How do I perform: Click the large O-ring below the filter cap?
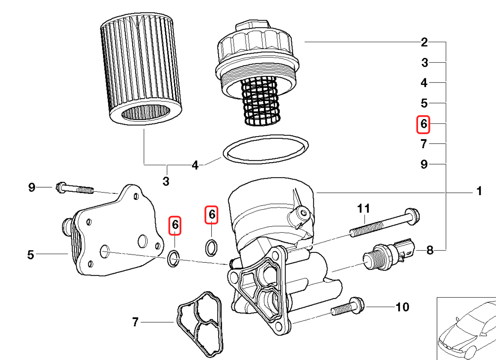point(266,149)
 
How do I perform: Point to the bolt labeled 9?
point(74,188)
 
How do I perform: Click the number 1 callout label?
point(478,191)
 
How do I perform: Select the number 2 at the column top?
point(424,42)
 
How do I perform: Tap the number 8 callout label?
point(430,250)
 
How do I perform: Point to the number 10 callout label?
point(402,307)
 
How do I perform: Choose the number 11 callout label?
point(363,208)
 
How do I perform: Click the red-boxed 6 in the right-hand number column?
point(423,124)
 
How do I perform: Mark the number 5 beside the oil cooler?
point(31,254)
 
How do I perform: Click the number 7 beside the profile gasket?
point(135,323)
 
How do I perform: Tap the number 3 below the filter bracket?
point(166,181)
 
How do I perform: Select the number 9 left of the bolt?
point(32,187)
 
